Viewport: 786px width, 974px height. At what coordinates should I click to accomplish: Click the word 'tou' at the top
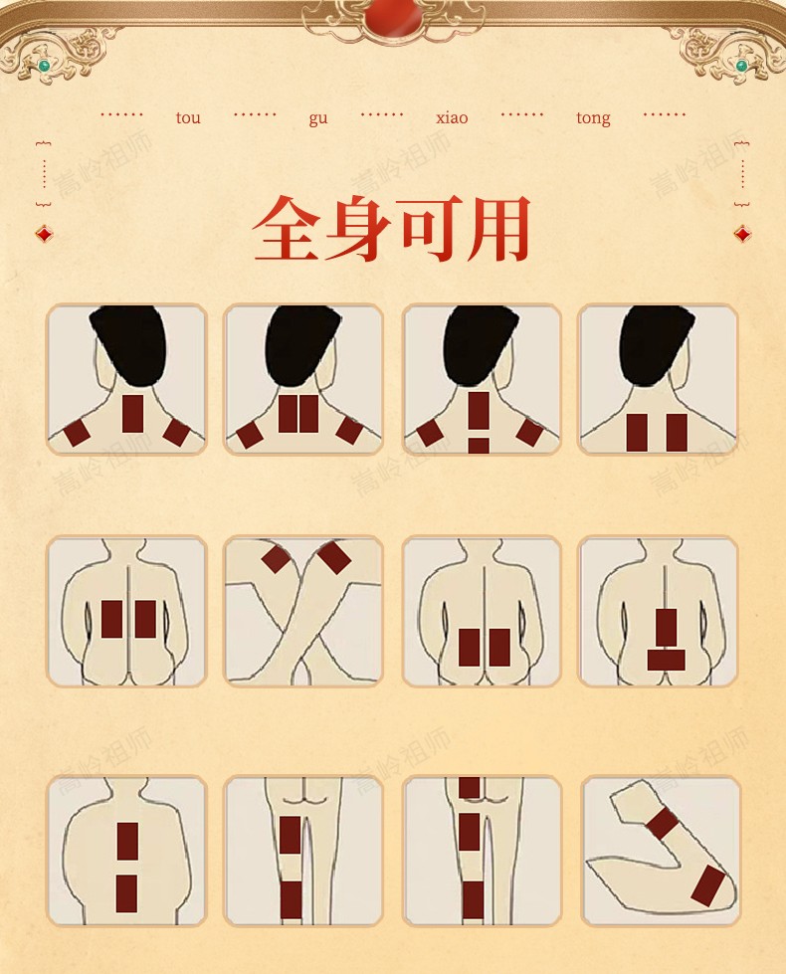click(x=188, y=118)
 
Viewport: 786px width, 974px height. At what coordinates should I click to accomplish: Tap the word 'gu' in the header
click(x=318, y=118)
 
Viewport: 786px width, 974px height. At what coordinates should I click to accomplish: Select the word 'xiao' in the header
click(x=452, y=118)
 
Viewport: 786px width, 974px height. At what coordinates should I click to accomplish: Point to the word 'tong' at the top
click(x=593, y=118)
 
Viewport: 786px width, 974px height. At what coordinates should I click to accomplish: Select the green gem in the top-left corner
click(x=44, y=66)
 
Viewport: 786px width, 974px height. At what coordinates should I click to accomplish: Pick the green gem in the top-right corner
click(x=741, y=66)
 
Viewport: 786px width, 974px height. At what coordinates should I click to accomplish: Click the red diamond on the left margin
click(x=44, y=234)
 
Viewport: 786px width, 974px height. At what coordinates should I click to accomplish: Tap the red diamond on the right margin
click(x=742, y=234)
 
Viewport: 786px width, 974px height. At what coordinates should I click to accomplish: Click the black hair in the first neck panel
click(x=127, y=343)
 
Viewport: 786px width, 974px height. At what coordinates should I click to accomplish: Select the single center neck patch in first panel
click(x=133, y=413)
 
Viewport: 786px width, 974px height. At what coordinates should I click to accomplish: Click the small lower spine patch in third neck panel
click(x=479, y=446)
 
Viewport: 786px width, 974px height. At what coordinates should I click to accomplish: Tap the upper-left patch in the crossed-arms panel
click(x=276, y=558)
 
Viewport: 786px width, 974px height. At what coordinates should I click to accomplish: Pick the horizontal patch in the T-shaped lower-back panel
click(x=666, y=660)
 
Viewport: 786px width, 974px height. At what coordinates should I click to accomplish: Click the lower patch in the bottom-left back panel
click(x=126, y=893)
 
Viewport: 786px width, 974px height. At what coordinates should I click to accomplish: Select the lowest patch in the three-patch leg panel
click(x=473, y=899)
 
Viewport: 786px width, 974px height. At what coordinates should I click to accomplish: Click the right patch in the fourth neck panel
click(x=677, y=433)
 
